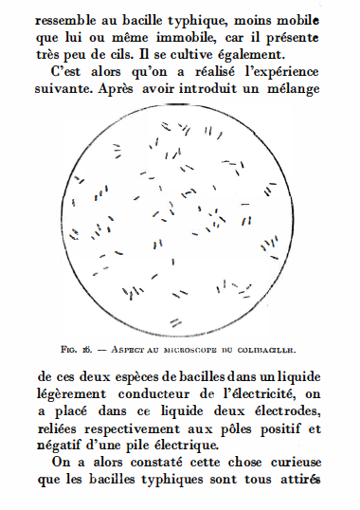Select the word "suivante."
[66, 90]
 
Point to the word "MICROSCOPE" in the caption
[189, 350]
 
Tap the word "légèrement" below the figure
[71, 393]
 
